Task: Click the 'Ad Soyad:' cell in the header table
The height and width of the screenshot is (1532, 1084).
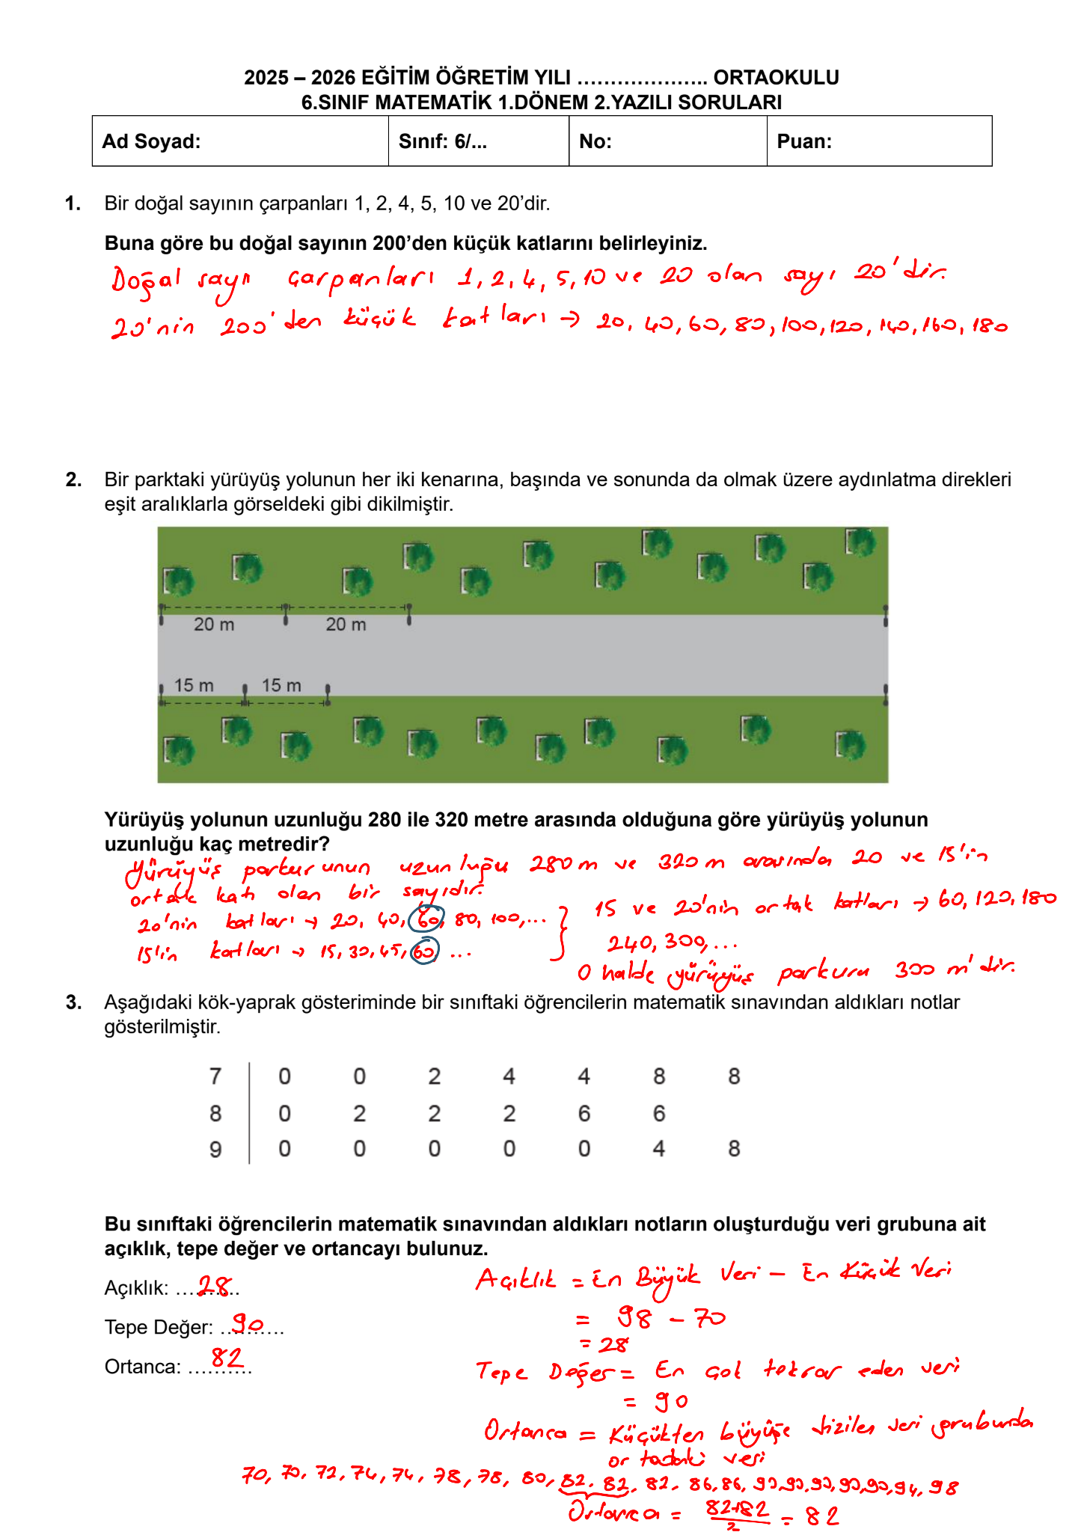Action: coord(239,141)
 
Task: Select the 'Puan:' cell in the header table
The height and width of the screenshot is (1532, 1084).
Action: coord(879,141)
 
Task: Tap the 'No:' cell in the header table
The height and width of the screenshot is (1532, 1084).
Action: coord(667,141)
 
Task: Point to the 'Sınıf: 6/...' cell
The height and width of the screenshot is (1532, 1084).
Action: coord(478,141)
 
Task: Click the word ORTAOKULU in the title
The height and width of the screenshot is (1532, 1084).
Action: coord(776,77)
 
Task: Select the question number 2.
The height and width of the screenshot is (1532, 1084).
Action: coord(73,479)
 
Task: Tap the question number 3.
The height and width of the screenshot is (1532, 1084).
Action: coord(73,1002)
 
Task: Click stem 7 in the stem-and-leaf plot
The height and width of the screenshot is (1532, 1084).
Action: coord(215,1076)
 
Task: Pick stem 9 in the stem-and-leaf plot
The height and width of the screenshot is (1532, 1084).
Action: coord(215,1149)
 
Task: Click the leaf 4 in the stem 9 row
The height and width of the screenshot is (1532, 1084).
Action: coord(658,1149)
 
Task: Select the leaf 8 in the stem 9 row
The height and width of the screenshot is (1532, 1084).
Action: coord(734,1149)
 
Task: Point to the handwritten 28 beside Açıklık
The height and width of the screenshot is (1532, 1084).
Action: coord(215,1285)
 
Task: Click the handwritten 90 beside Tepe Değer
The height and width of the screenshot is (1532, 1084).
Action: coord(246,1323)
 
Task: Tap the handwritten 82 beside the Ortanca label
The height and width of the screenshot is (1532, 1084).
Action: coord(227,1357)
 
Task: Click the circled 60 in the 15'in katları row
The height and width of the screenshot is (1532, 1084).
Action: coord(424,952)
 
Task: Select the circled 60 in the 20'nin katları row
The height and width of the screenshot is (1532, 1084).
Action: coord(429,918)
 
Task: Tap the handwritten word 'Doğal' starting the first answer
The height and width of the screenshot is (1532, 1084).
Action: coord(147,280)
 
